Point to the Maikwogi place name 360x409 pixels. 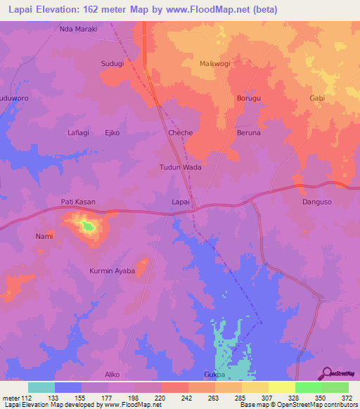215,64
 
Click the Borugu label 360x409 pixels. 249,98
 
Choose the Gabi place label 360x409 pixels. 317,98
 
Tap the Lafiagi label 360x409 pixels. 79,133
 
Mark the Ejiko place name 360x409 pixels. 112,133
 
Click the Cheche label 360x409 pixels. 181,133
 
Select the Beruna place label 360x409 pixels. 248,133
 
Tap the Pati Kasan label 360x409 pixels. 78,202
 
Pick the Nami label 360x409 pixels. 44,236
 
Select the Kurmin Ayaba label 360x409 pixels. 112,271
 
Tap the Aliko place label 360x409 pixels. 112,375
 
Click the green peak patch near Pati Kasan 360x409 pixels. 87,226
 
